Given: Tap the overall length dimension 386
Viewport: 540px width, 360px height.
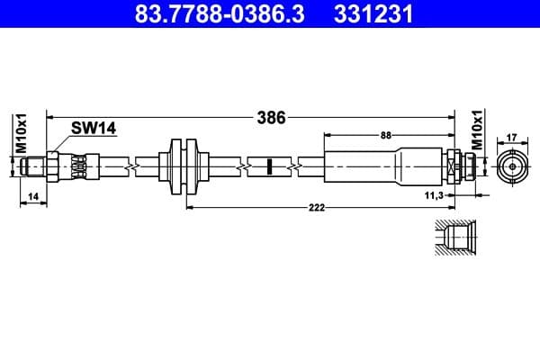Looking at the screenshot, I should (x=272, y=117).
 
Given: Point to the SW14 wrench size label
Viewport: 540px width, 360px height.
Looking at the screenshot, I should (x=94, y=130).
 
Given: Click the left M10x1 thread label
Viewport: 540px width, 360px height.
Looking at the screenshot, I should (x=19, y=134).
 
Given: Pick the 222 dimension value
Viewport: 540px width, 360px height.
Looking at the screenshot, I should (x=315, y=207).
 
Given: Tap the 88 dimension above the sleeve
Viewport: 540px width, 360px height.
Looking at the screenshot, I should (x=385, y=136).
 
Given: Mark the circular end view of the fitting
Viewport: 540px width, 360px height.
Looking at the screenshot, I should (x=512, y=166).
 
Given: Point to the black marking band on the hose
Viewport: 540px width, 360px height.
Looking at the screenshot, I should (x=268, y=166).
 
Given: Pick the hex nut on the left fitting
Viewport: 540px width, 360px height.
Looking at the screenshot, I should (x=53, y=166).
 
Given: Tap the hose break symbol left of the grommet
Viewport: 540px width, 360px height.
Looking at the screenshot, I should (x=133, y=166).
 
